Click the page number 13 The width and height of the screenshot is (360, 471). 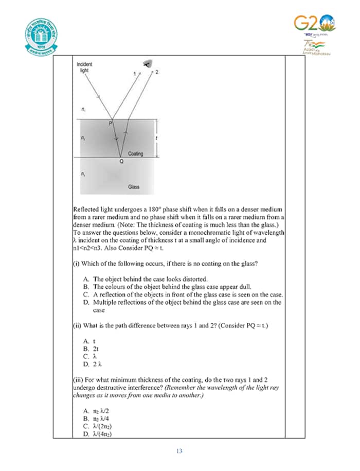(179, 451)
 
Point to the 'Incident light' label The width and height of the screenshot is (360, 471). (84, 67)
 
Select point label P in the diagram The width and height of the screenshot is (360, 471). (110, 124)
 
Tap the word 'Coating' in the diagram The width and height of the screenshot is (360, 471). (135, 153)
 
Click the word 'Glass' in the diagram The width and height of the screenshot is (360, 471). (134, 187)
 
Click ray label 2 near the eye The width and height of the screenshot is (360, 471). (156, 72)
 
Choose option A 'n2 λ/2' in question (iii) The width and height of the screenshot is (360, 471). (96, 411)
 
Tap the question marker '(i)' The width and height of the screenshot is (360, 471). (76, 264)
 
